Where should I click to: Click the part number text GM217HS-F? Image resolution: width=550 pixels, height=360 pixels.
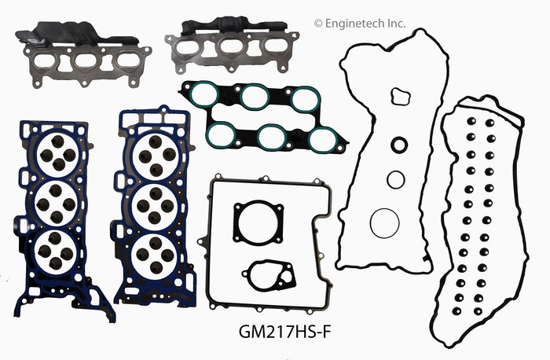tap(284, 331)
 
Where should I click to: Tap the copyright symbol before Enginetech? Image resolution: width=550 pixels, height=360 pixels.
tap(317, 24)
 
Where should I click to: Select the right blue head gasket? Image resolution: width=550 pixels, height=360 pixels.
tap(154, 207)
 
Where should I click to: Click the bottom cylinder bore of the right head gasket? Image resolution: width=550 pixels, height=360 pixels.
tap(154, 255)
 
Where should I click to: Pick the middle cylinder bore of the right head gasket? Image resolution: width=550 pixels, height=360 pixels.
tap(155, 206)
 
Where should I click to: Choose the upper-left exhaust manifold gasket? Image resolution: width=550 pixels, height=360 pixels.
tap(82, 56)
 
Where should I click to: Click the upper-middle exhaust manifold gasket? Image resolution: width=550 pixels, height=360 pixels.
tap(232, 44)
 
